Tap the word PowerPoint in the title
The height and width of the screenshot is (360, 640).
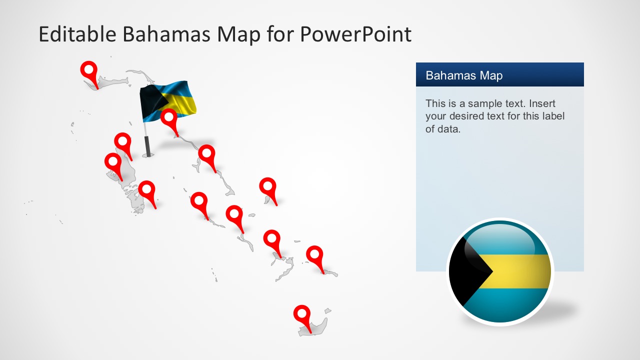tap(355, 34)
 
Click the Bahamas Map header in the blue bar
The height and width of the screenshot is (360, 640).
tap(464, 75)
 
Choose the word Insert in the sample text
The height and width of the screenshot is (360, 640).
tap(542, 104)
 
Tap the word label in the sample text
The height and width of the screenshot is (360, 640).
tap(550, 116)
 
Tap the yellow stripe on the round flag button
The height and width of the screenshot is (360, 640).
tap(520, 271)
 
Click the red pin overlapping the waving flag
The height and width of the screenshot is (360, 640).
tap(169, 118)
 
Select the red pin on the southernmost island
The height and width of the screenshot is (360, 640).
tap(301, 314)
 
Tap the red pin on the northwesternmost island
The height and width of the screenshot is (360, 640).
tap(89, 70)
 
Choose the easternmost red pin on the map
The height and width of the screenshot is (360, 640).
tap(314, 254)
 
